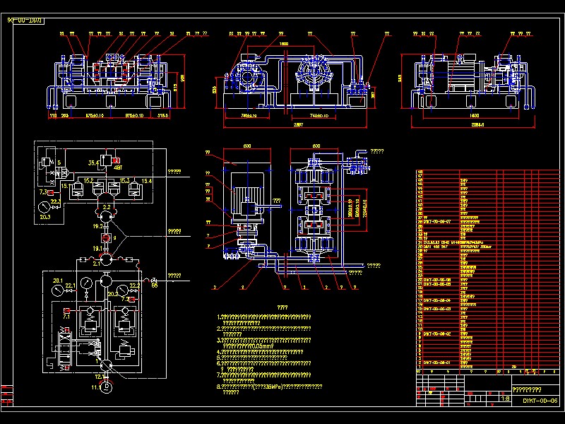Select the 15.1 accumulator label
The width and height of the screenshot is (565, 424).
[64, 186]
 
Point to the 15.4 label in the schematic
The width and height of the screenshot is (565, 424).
[146, 182]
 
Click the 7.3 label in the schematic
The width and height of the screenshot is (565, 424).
[43, 192]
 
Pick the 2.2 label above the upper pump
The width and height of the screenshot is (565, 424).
[107, 206]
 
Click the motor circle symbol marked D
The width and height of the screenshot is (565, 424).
[107, 387]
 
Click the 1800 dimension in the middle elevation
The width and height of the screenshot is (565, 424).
[284, 45]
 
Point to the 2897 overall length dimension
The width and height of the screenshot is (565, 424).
[297, 125]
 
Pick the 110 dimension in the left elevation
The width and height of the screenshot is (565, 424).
[52, 114]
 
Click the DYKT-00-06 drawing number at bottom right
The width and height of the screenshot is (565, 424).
[540, 401]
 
